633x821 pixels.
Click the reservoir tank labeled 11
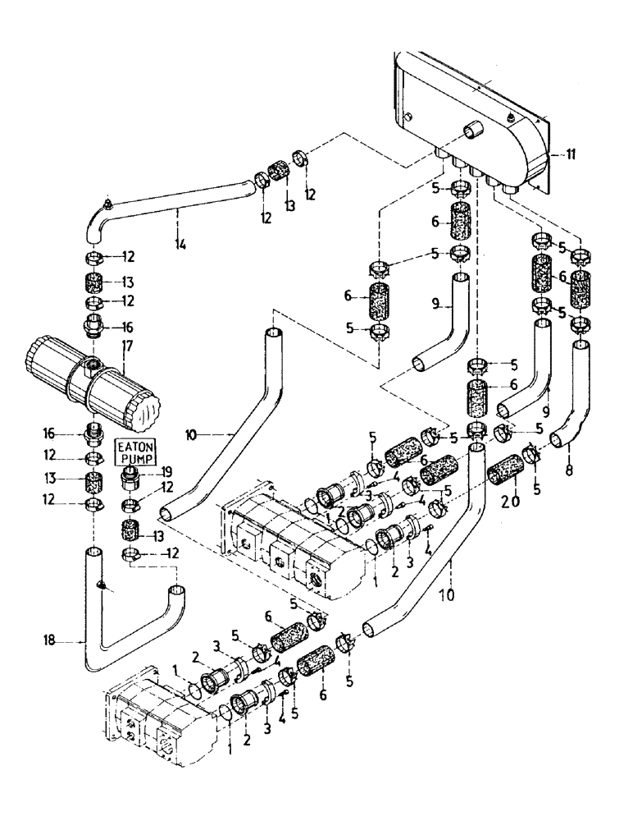point(467,123)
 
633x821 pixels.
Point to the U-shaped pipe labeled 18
point(123,624)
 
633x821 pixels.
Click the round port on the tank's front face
point(473,131)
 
